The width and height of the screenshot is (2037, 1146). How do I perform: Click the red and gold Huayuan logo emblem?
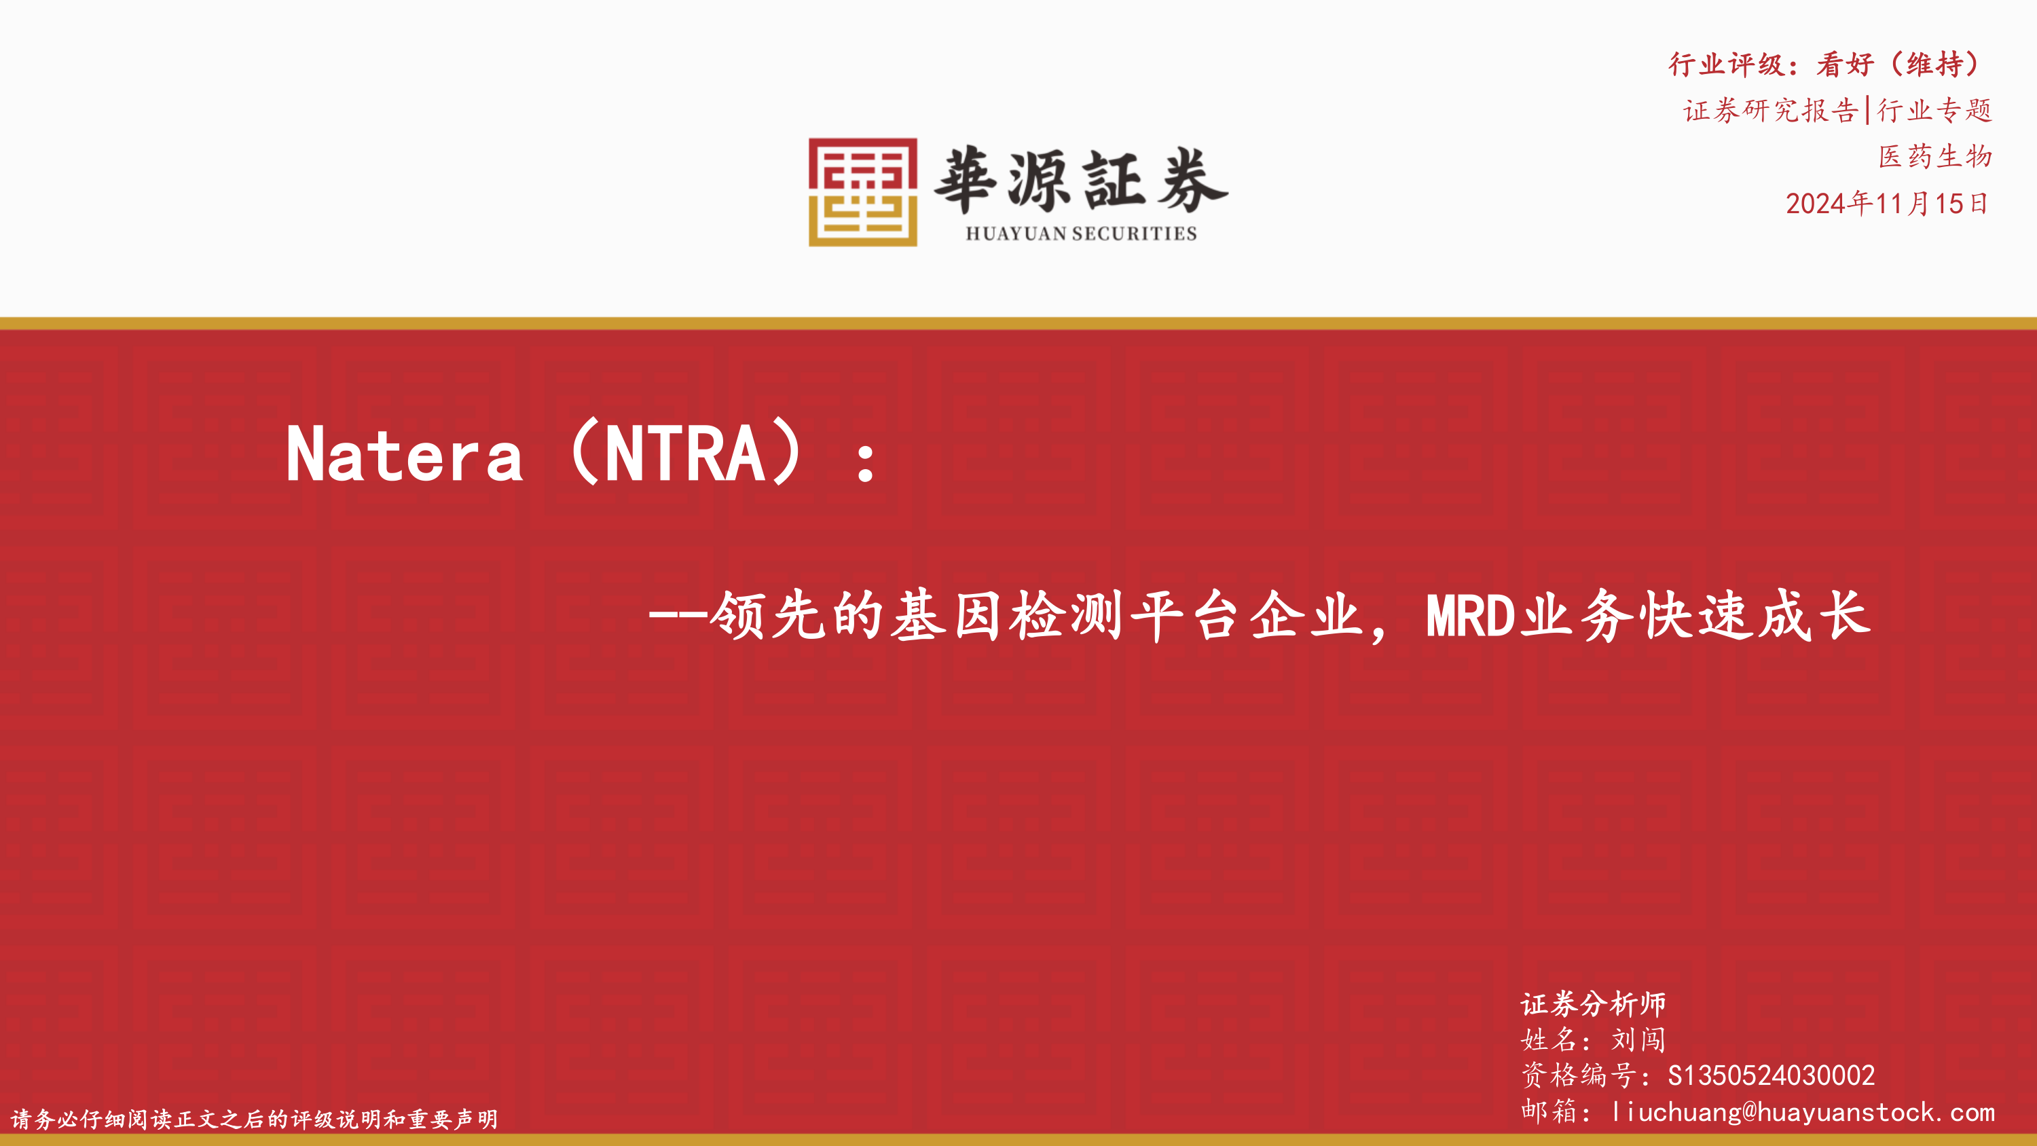[863, 192]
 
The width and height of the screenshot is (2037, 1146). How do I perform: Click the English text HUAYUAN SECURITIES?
[1081, 234]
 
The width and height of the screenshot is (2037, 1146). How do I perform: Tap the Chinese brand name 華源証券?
[1081, 181]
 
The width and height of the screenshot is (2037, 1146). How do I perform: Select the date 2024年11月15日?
[1888, 203]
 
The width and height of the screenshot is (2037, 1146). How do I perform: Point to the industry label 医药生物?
[1935, 155]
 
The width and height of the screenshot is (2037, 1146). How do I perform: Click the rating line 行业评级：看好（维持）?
[1829, 64]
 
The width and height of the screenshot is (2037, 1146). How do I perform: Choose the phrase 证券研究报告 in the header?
[1771, 110]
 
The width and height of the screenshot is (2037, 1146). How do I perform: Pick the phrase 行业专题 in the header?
[1934, 110]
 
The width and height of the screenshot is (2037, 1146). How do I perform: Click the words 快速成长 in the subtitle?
[1755, 615]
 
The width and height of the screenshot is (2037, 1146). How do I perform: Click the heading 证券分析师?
[1592, 1003]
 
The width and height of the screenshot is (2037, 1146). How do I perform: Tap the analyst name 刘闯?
[1638, 1039]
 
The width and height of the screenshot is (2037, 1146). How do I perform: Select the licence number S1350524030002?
[1772, 1075]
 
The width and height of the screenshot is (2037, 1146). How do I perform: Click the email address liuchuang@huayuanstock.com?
[1803, 1112]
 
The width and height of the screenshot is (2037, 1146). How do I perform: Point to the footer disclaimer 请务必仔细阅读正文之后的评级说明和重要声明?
[255, 1119]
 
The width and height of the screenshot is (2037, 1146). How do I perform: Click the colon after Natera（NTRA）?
[866, 462]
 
